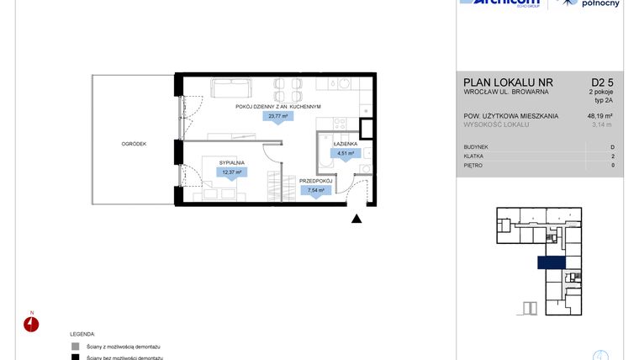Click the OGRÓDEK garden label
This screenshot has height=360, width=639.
pos(133,144)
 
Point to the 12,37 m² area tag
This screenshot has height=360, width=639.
pos(230,172)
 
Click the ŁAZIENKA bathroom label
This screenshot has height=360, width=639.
pos(346,145)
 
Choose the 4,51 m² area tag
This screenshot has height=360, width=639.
pos(346,154)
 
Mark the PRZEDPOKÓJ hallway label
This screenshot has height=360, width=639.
pos(316,180)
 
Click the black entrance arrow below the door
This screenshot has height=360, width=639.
pos(356,220)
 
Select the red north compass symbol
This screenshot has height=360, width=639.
pos(32,325)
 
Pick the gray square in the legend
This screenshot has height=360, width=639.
pos(76,346)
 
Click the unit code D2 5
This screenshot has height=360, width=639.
pos(604,82)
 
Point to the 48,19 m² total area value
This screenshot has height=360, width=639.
pos(599,116)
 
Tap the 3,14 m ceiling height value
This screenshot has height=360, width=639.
pos(602,125)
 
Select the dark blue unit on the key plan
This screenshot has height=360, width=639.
pos(551,263)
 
